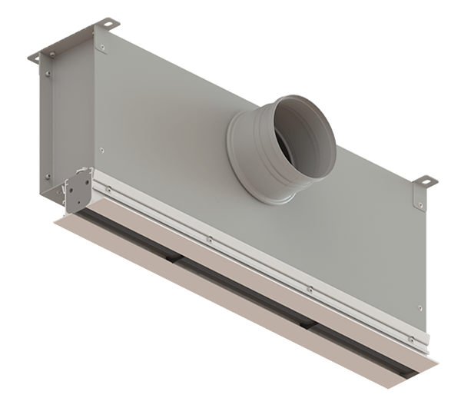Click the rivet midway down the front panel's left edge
click(103, 148)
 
